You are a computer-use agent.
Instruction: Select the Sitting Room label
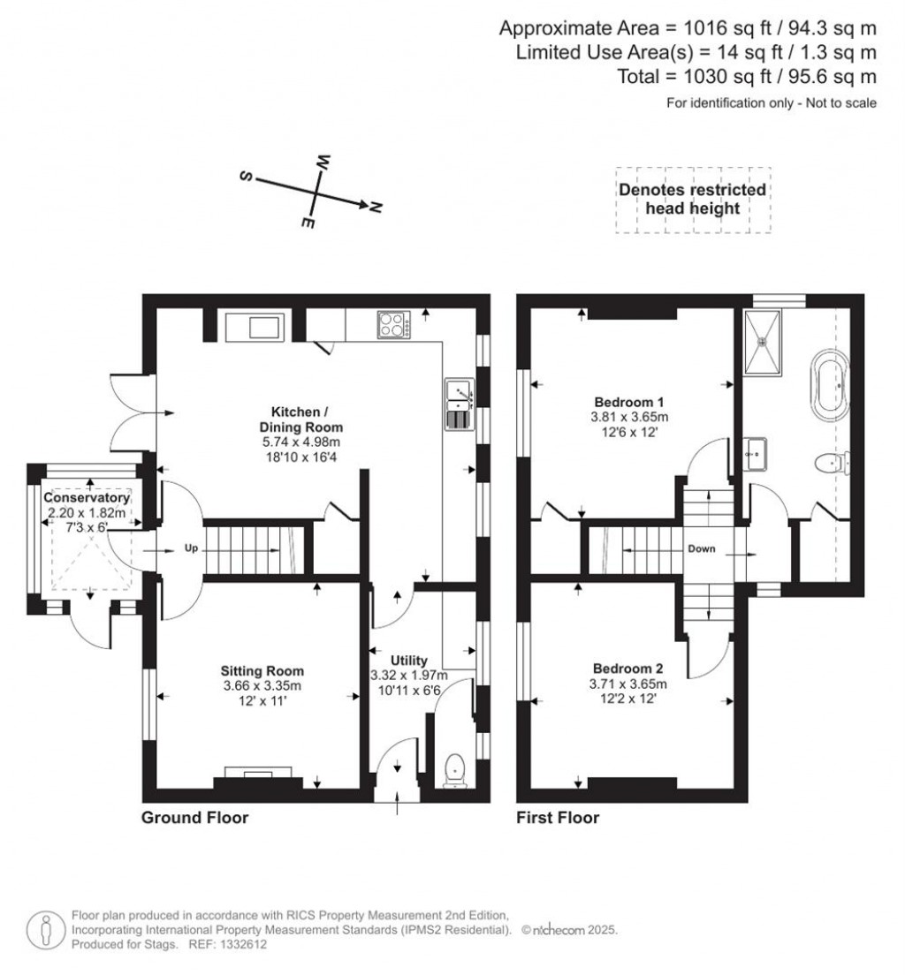click(x=262, y=671)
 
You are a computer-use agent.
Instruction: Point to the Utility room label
click(x=409, y=661)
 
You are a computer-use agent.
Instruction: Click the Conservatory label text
click(x=87, y=497)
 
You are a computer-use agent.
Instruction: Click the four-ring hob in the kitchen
click(x=394, y=324)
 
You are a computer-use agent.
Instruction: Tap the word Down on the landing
click(x=701, y=548)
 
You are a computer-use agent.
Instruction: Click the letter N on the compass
click(x=375, y=208)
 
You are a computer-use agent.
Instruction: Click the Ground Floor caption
click(x=194, y=818)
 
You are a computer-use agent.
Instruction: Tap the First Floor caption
click(x=558, y=818)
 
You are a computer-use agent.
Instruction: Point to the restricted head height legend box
click(x=693, y=200)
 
